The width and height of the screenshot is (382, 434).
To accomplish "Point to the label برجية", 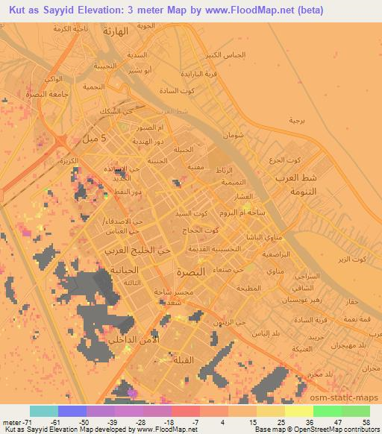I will [x=297, y=120].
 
